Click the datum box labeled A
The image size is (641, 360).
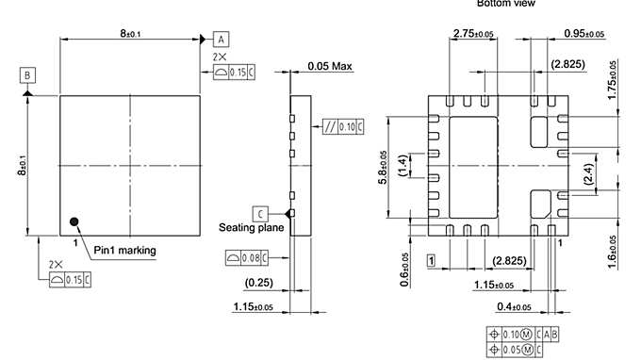coord(221,40)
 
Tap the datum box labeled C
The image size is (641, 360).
coord(258,213)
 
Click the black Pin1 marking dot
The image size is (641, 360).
coord(74,222)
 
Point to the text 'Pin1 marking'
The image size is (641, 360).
coord(124,250)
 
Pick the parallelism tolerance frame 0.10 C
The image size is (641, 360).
coord(343,126)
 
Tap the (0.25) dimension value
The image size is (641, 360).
coord(259,283)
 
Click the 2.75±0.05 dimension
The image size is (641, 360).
coord(473,34)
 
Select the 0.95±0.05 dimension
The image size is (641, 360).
coord(584,34)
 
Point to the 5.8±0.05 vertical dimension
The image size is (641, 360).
coord(384,168)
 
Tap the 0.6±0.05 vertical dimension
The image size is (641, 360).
coord(406,269)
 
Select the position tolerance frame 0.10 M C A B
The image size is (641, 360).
coord(525,333)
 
